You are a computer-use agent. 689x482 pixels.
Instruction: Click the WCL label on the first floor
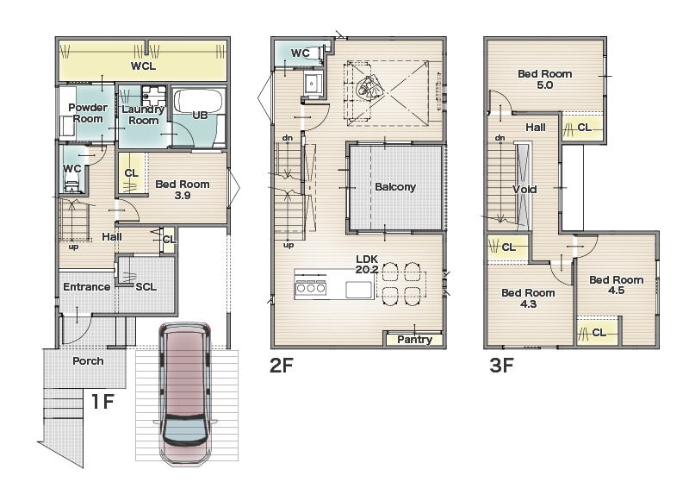click(x=143, y=66)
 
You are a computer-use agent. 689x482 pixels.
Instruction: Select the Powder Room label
click(x=88, y=113)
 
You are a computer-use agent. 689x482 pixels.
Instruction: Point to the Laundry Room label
click(x=143, y=115)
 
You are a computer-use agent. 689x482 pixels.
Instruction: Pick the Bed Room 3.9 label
click(x=183, y=190)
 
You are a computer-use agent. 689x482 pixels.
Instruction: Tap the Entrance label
click(x=87, y=287)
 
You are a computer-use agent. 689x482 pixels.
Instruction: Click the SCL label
click(x=146, y=287)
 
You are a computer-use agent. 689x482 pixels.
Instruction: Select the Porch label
click(x=88, y=360)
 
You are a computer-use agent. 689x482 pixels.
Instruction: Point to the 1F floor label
click(x=102, y=402)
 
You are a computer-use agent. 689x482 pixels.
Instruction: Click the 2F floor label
click(x=282, y=365)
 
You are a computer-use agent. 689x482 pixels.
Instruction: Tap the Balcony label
click(x=395, y=187)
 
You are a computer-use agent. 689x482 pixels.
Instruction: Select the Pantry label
click(x=414, y=340)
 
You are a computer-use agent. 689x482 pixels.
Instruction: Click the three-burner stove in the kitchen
click(x=311, y=287)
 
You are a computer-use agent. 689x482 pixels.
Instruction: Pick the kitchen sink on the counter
click(x=358, y=290)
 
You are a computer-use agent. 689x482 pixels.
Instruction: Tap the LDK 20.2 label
click(x=367, y=265)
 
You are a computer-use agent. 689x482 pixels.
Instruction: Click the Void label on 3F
click(x=525, y=190)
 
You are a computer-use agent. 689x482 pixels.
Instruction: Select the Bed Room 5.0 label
click(x=545, y=79)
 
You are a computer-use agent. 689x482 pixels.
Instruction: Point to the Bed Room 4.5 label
click(x=616, y=285)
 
